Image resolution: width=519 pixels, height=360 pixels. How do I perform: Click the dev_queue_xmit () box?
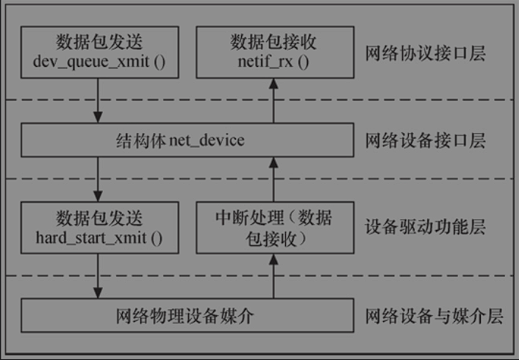point(99,51)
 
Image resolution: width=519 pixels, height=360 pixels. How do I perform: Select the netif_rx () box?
point(274,51)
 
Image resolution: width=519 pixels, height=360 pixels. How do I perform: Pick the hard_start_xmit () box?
point(99,228)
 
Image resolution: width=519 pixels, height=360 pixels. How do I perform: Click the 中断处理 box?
point(274,228)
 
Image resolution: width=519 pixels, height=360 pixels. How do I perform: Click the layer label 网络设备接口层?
point(426,141)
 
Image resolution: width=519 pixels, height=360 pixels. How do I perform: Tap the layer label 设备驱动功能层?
point(426,226)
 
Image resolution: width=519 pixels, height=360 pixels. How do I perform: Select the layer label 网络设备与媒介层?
point(434,317)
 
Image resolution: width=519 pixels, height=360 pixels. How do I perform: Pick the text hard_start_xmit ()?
point(99,237)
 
